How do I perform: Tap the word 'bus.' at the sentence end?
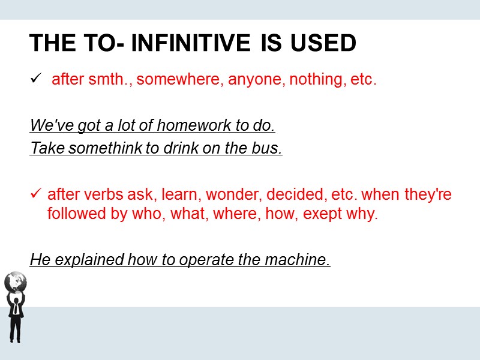[x=268, y=149]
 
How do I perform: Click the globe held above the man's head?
[x=15, y=281]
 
